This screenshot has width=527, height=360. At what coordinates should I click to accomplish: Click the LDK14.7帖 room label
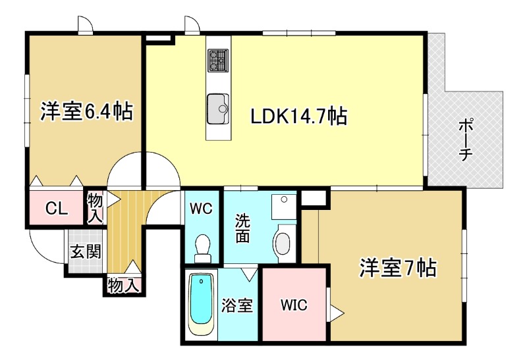(298, 116)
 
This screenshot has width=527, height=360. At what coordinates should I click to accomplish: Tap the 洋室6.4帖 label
(86, 111)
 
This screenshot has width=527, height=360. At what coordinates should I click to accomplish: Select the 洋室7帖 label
(398, 268)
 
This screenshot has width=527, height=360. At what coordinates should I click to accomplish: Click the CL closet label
(56, 209)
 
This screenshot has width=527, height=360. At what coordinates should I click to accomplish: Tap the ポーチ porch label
(466, 140)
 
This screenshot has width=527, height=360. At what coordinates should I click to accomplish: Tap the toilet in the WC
(202, 247)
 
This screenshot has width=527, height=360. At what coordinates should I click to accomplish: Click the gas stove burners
(218, 61)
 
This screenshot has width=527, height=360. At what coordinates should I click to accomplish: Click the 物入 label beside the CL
(96, 207)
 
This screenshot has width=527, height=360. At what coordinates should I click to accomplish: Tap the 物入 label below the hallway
(123, 286)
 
